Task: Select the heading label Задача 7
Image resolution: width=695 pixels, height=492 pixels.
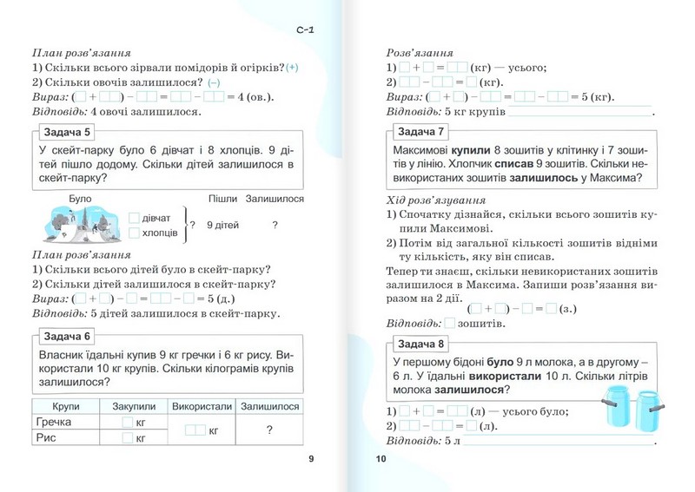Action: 422,132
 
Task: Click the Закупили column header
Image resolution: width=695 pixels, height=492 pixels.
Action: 134,406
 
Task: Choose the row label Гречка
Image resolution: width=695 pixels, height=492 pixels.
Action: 54,422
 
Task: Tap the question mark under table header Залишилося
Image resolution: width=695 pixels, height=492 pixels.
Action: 270,430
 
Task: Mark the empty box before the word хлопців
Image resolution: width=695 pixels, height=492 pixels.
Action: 134,233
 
